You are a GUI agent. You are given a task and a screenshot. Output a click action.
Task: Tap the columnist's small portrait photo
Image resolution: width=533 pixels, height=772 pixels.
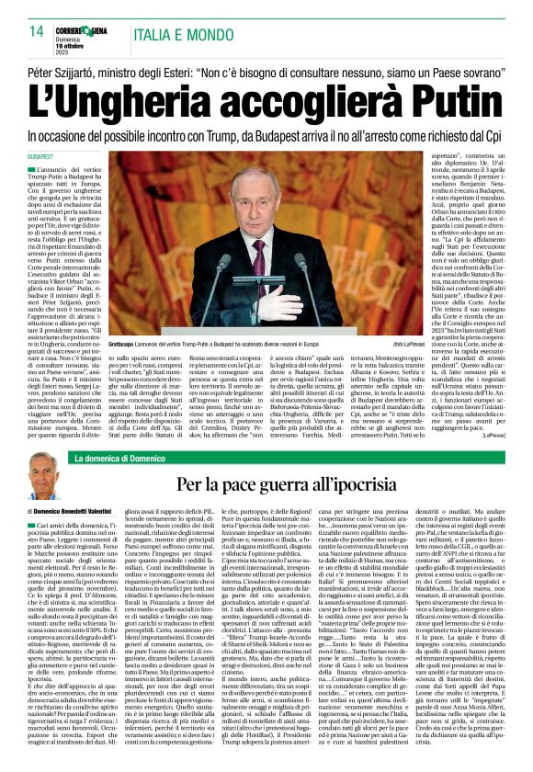[43, 475]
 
